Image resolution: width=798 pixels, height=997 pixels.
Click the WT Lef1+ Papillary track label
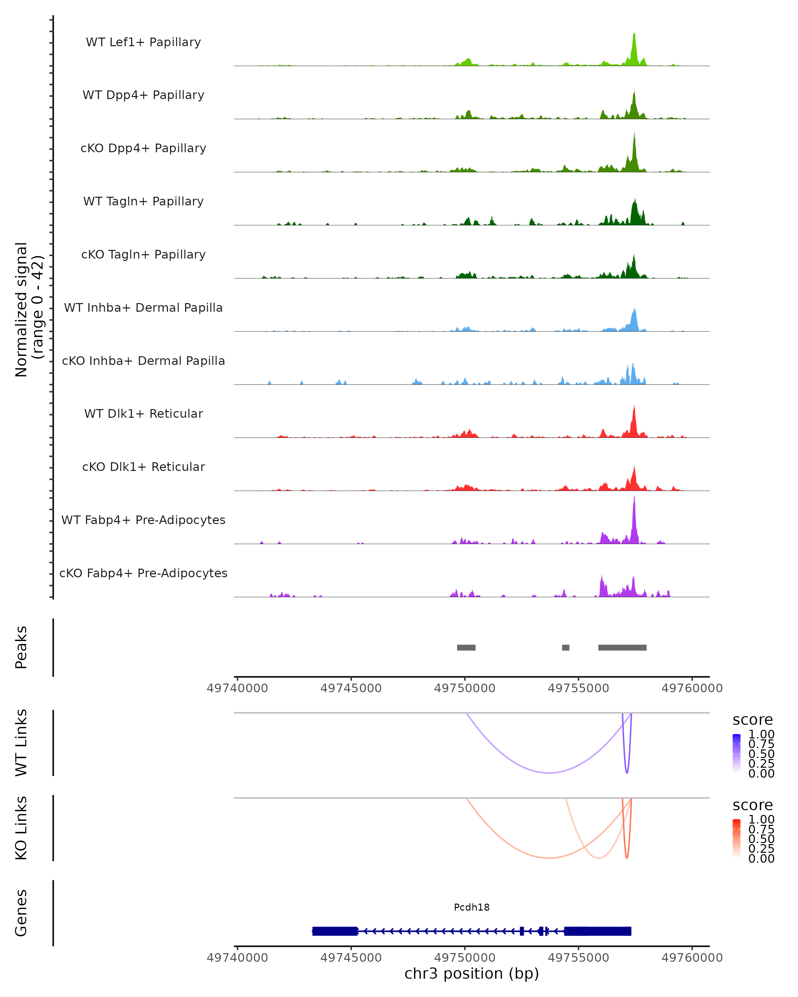point(143,42)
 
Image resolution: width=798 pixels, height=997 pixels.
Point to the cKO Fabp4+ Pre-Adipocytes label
point(143,573)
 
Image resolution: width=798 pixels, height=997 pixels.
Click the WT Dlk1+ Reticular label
point(143,414)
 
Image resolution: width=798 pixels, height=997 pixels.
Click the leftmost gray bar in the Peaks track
point(466,647)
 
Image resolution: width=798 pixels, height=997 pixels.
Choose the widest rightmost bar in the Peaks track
point(622,647)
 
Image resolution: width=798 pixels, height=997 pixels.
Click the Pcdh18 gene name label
point(471,907)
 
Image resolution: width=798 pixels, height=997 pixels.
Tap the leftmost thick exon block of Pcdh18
point(335,931)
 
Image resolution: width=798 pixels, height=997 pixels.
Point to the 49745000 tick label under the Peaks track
point(351,688)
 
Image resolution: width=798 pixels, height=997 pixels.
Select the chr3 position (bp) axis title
point(471,973)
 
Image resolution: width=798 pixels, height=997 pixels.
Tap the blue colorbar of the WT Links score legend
point(736,753)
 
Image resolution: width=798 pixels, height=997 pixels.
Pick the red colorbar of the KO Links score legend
point(736,838)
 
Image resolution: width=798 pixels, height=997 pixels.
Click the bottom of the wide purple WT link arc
point(549,773)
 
